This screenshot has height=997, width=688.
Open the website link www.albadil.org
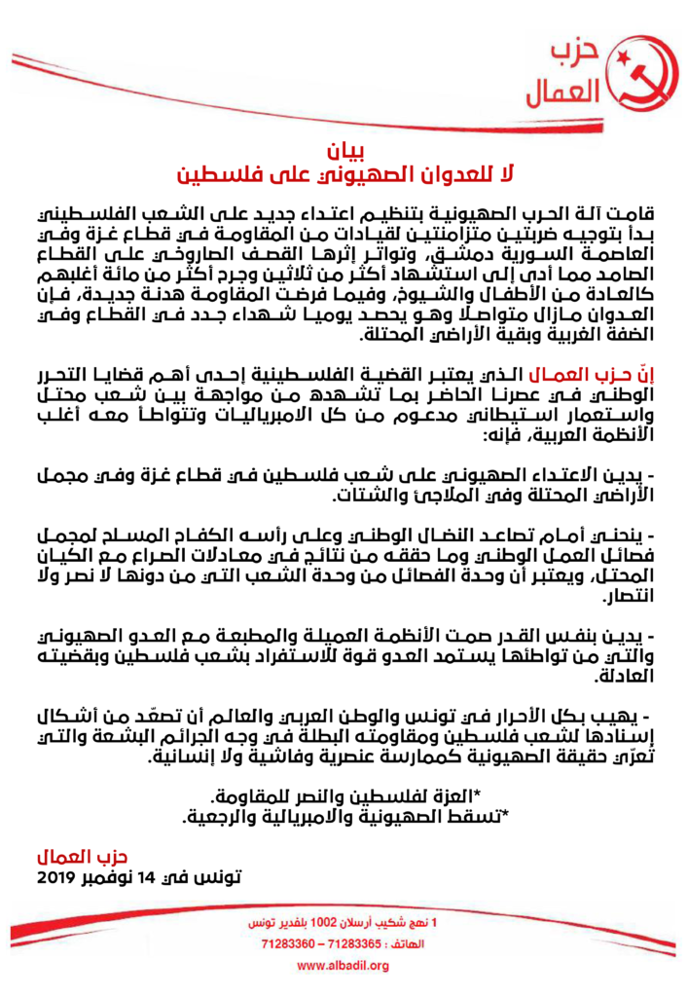tap(344, 966)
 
